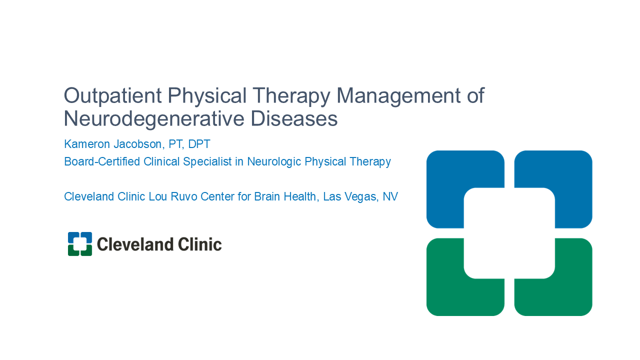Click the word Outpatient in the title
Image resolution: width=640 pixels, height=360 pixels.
113,95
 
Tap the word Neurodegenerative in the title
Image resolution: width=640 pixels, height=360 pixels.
154,119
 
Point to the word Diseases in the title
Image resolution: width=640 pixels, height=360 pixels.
294,118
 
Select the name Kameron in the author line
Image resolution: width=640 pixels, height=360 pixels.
87,144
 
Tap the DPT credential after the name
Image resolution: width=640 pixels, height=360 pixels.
199,144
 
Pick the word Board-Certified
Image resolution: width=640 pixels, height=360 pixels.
102,161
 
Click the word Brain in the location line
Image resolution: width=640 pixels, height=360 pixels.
267,196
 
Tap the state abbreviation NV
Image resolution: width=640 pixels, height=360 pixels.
390,196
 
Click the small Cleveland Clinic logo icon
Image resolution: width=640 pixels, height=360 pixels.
80,244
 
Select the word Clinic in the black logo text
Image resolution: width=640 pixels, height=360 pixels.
199,244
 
